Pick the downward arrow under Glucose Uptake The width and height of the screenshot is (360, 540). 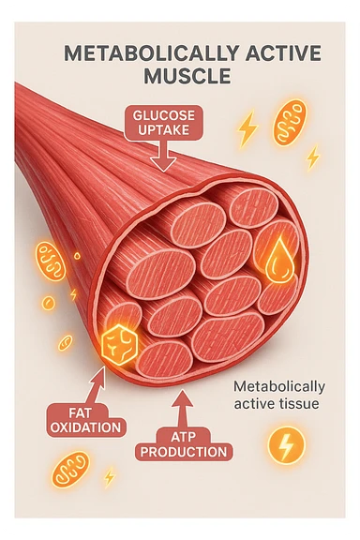tap(164, 158)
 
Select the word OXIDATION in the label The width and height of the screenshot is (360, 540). tap(83, 428)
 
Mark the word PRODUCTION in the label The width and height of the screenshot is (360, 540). tap(185, 452)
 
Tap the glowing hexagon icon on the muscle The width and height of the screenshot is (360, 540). tap(117, 342)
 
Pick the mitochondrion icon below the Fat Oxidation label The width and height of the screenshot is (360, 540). tap(70, 470)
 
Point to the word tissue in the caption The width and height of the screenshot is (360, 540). tap(299, 404)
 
